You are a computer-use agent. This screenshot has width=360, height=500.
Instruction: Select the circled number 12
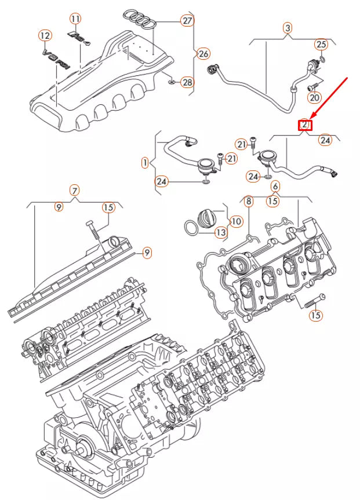[45, 36]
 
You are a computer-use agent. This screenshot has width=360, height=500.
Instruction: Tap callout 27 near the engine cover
[187, 21]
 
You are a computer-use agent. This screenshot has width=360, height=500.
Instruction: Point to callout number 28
[187, 82]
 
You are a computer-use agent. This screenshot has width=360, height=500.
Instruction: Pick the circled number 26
[202, 54]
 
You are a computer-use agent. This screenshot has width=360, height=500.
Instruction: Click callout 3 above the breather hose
[288, 28]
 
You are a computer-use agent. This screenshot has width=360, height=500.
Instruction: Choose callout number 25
[321, 45]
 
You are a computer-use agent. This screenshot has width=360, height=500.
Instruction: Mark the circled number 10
[236, 221]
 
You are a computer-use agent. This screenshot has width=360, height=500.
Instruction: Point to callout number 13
[220, 232]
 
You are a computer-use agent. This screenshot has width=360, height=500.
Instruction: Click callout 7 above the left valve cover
[74, 190]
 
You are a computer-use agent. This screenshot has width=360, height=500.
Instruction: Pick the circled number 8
[248, 202]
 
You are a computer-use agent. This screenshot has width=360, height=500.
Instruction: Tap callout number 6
[275, 186]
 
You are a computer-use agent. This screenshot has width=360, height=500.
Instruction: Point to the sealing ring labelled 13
[192, 228]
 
